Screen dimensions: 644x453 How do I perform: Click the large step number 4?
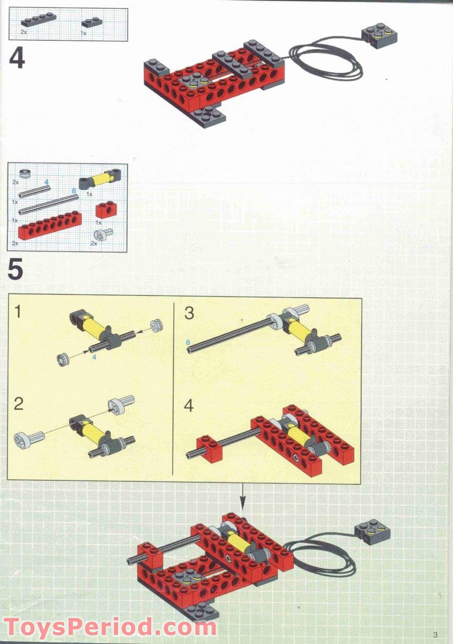(x=17, y=58)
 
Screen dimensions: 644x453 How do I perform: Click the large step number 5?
(x=16, y=270)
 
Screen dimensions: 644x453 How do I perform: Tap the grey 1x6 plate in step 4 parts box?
(x=38, y=20)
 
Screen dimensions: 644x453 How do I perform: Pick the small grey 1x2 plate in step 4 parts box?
(x=92, y=22)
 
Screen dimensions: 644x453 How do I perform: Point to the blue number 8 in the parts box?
(x=74, y=190)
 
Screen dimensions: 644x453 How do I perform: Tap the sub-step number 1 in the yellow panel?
(x=18, y=311)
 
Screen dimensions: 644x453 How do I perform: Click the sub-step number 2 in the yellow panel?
(x=19, y=404)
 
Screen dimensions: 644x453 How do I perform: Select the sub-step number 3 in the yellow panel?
(x=189, y=313)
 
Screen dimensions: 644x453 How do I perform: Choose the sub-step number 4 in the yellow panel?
(x=188, y=406)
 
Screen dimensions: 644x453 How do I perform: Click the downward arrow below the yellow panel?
(x=242, y=497)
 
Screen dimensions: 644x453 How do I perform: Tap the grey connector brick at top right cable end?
(x=379, y=36)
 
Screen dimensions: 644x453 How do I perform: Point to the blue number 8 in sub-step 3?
(x=188, y=342)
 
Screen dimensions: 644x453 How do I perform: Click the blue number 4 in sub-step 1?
(x=94, y=356)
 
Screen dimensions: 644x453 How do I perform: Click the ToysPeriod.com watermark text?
(x=110, y=626)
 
